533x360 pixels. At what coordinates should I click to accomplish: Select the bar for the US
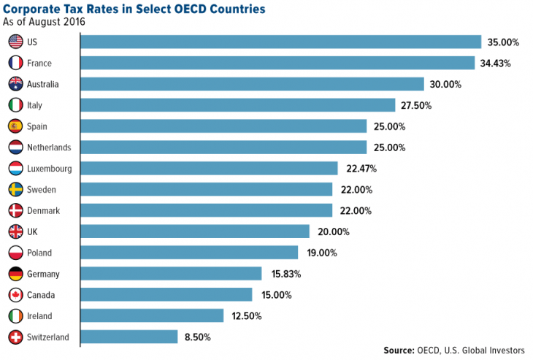click(280, 42)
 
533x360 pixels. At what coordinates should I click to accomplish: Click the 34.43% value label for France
click(495, 64)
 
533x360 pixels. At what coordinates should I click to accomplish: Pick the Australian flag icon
click(15, 84)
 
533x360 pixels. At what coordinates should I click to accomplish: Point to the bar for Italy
click(237, 105)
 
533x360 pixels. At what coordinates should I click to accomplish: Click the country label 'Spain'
click(37, 126)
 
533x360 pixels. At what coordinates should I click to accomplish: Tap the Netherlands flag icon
click(15, 148)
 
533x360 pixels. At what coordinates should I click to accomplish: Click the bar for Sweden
click(207, 190)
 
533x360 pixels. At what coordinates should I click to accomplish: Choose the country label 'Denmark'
click(43, 211)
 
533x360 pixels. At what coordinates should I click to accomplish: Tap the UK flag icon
click(15, 232)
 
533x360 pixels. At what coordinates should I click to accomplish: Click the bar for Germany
click(171, 274)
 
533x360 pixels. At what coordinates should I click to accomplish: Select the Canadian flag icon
click(15, 295)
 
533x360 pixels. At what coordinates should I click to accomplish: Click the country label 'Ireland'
click(40, 316)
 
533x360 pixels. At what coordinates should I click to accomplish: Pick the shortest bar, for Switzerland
click(129, 337)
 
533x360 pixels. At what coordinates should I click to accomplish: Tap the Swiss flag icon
click(15, 337)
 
